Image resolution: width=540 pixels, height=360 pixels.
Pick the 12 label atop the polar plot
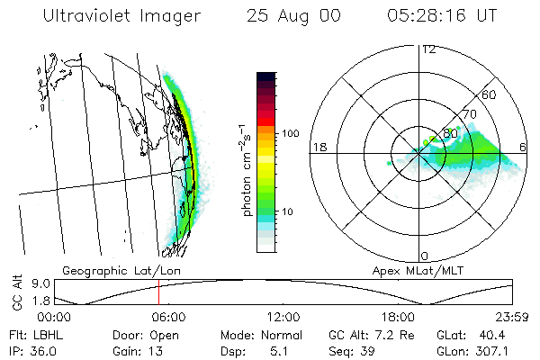428,49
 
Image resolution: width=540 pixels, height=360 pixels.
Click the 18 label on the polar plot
318,147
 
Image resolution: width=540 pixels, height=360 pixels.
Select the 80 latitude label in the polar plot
451,133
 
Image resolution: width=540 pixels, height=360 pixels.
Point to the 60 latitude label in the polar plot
490,94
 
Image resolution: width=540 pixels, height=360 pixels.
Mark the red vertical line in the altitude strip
158,293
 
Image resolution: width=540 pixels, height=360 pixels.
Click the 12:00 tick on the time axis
283,317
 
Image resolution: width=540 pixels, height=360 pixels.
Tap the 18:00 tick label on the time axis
398,317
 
